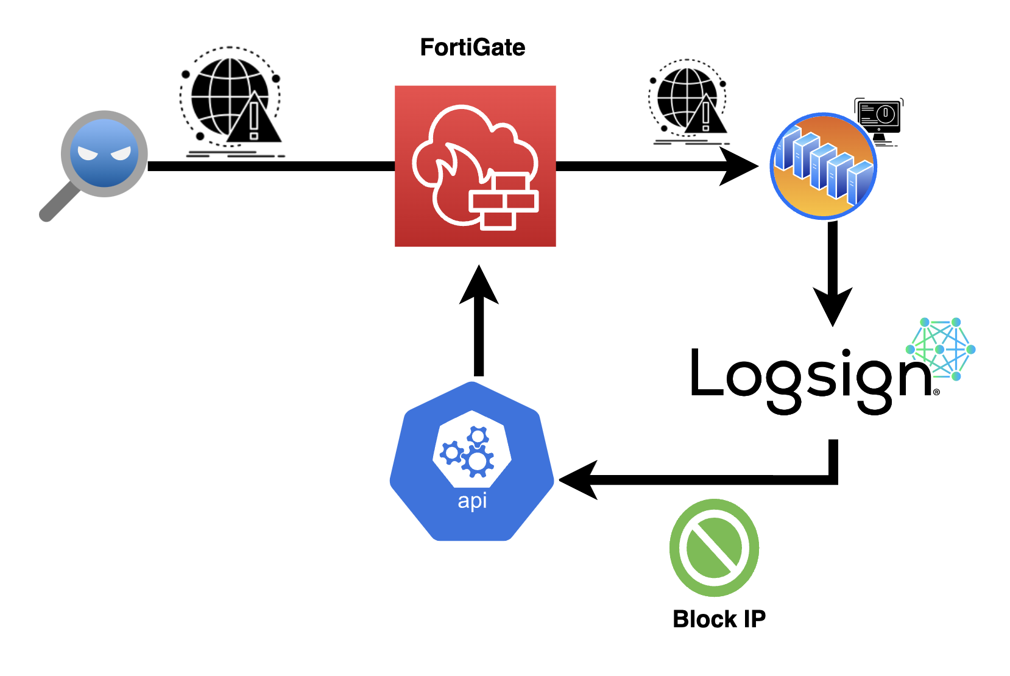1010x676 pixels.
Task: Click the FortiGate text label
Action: point(473,48)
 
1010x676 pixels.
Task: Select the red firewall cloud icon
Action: point(475,166)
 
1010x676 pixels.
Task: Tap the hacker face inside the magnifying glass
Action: point(104,153)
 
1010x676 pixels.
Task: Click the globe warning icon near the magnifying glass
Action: point(231,102)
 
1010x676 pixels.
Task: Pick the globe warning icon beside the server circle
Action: point(689,102)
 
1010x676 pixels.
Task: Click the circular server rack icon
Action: point(824,166)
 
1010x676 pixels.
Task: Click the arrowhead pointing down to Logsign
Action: point(832,306)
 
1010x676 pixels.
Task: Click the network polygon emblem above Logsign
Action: point(941,349)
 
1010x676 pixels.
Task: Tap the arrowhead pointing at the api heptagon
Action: point(579,480)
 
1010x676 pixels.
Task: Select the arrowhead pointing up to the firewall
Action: point(479,284)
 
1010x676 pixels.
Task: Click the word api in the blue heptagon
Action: point(472,501)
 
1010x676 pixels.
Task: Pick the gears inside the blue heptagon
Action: point(468,451)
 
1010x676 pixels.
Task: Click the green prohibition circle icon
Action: point(714,547)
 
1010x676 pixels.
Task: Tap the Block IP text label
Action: point(719,619)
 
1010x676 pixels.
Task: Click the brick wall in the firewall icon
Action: point(504,202)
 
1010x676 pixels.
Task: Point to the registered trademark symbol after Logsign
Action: point(936,392)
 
